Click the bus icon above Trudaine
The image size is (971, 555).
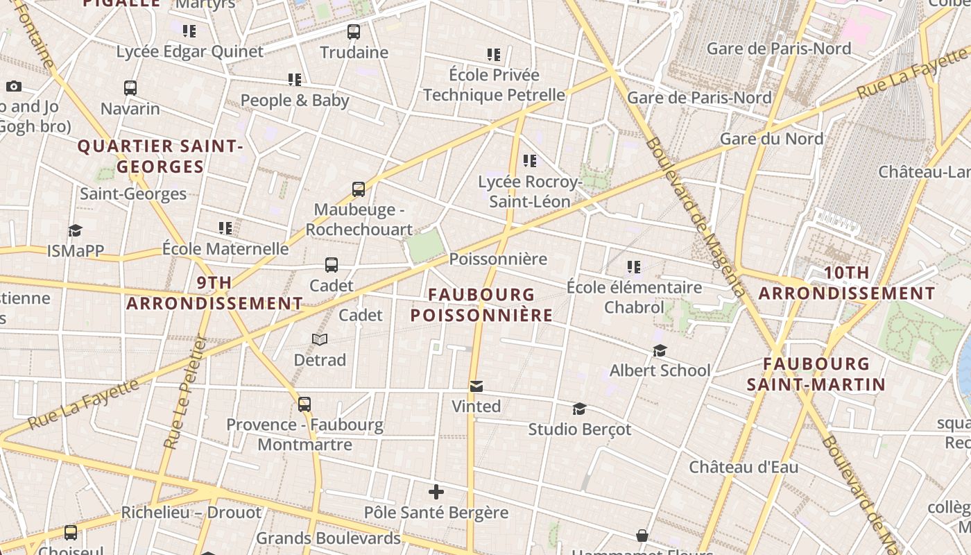pos(354,31)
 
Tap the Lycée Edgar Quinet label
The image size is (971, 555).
pos(189,52)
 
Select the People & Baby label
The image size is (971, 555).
pos(295,101)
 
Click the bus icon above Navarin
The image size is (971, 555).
pos(130,88)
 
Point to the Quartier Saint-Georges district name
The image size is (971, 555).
pos(160,156)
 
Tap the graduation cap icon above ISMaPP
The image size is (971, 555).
pos(75,230)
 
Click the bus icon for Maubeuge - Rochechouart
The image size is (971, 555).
pos(359,189)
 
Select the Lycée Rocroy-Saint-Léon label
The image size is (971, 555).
pos(530,191)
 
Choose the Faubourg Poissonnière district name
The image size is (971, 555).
pos(481,305)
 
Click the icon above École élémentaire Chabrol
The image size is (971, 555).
pos(633,266)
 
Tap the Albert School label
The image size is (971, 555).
pos(660,370)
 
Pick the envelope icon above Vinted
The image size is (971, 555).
pos(476,386)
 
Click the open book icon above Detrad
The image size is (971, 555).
pos(320,339)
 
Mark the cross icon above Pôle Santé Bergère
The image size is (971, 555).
pos(436,493)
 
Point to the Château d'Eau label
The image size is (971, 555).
pos(744,467)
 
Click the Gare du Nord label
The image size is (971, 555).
pos(771,139)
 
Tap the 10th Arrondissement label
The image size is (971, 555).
pos(846,283)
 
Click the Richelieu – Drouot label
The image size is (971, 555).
pos(191,513)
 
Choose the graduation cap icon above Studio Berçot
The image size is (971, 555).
pos(579,409)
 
